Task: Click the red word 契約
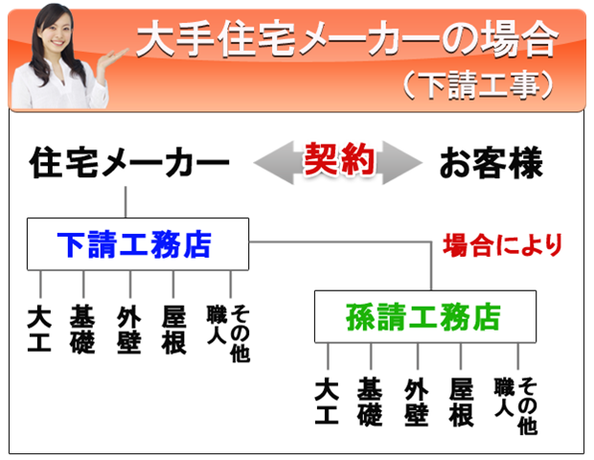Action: click(x=339, y=159)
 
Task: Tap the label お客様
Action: click(x=491, y=163)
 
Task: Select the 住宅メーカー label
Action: click(x=129, y=162)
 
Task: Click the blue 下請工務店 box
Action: click(x=138, y=244)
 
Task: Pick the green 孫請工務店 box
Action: click(x=425, y=317)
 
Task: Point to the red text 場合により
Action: click(x=502, y=244)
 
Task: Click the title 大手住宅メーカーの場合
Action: click(x=347, y=38)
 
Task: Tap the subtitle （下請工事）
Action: click(x=477, y=85)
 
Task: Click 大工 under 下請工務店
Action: click(x=39, y=330)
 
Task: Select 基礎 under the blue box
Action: click(x=82, y=330)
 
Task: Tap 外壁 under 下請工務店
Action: click(x=129, y=330)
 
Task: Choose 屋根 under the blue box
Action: click(x=173, y=330)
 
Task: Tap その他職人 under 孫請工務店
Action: click(x=516, y=405)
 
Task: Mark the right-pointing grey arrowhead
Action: click(x=401, y=163)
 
